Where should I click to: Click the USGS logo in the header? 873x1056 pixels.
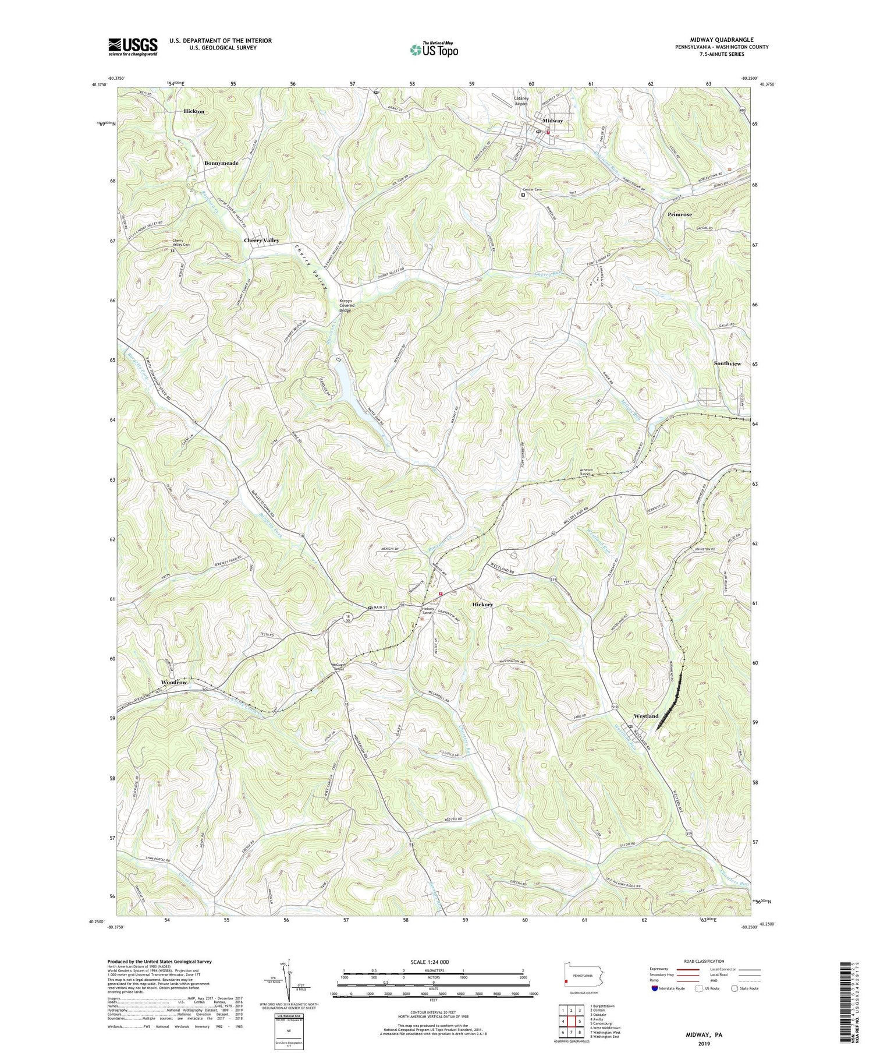[133, 47]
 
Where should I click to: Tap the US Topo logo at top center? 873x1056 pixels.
[434, 50]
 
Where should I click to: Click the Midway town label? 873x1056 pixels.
[552, 121]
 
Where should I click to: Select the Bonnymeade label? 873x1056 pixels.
[221, 163]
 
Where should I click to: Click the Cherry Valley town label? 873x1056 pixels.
[261, 240]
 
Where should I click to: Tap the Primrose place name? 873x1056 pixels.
[680, 214]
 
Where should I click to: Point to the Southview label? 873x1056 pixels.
[727, 363]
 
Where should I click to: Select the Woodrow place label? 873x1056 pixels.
[174, 682]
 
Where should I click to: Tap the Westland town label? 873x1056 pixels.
[646, 716]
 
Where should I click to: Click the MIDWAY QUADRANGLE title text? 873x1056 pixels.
[721, 40]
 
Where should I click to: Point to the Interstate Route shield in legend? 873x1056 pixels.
[655, 988]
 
